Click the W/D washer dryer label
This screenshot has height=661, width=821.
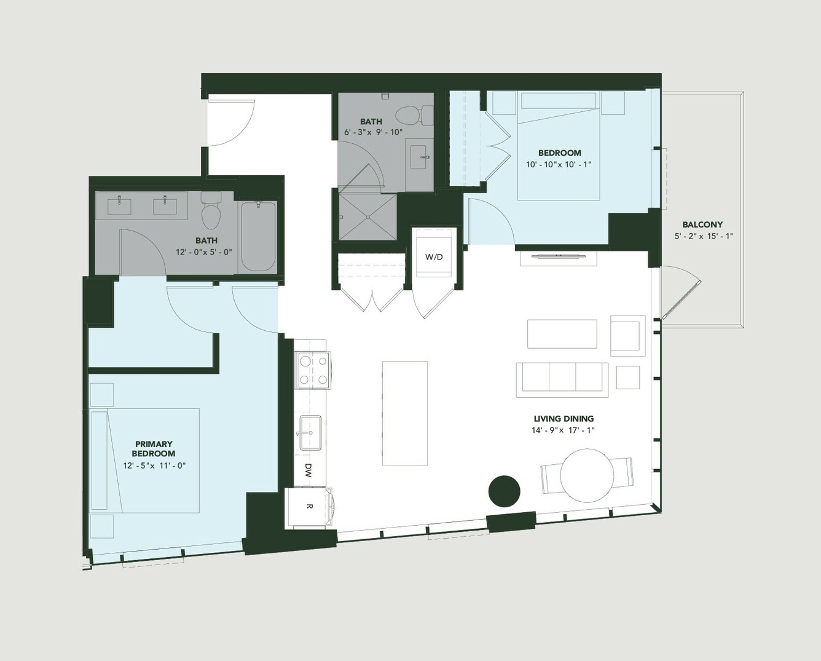point(434,257)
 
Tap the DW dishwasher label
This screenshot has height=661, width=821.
point(308,470)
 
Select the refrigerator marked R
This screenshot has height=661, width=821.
point(310,507)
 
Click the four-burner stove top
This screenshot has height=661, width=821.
point(313,370)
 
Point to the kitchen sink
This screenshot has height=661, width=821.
point(310,433)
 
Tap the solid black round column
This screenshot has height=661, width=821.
point(505,491)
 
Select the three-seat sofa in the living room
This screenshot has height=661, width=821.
point(562,379)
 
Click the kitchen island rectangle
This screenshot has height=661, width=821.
point(405,414)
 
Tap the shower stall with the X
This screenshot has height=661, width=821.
point(367,217)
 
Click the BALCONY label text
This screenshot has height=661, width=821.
point(702,224)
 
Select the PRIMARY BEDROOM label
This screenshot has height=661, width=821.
point(154,449)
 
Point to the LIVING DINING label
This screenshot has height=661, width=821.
point(564,419)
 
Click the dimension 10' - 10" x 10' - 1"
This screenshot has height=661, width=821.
point(560,165)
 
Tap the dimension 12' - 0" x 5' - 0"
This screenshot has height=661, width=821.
point(204,252)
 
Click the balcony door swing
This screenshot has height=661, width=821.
point(681,292)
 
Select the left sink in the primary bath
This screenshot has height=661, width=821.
point(119,206)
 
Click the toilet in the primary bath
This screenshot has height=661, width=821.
point(211,210)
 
